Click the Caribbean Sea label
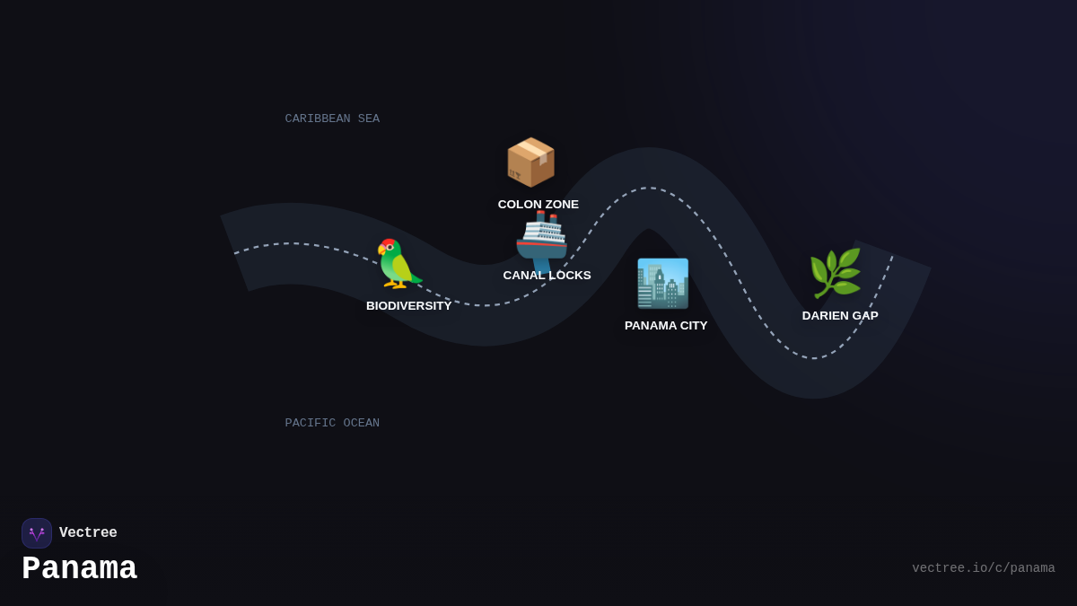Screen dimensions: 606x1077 click(332, 119)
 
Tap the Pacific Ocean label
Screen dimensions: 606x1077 click(332, 423)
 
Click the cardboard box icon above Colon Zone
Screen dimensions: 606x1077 click(530, 162)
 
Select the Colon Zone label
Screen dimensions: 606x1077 click(538, 205)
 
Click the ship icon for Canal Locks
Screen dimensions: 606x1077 click(541, 241)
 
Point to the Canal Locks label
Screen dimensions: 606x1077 click(547, 276)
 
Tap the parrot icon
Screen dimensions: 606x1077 click(398, 264)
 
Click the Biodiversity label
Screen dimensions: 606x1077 click(409, 306)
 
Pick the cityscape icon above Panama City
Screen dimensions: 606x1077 click(662, 284)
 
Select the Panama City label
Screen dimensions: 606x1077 click(666, 326)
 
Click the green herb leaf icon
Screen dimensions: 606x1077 click(835, 273)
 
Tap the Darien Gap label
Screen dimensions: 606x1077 click(840, 316)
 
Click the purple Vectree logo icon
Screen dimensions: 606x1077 click(37, 533)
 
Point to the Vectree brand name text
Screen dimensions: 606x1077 click(88, 533)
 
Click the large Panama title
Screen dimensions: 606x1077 click(79, 569)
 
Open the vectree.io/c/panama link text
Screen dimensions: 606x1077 click(983, 568)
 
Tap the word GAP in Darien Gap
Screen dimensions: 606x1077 click(864, 316)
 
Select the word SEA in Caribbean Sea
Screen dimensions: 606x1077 click(369, 119)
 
